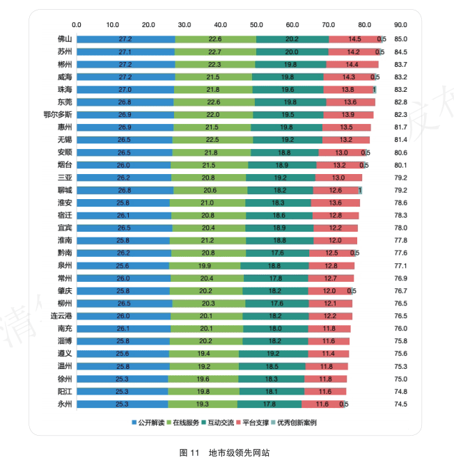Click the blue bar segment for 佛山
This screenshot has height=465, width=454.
pos(125,39)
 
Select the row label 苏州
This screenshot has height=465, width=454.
pos(65,52)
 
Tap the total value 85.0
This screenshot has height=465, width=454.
pos(400,39)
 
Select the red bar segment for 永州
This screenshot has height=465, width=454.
pos(321,404)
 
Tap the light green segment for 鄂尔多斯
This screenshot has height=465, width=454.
pos(212,114)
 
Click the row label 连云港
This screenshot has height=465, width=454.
pos(61,316)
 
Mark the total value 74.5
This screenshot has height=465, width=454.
pos(400,404)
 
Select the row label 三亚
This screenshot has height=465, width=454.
pos(65,178)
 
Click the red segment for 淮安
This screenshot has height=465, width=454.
pos(335,203)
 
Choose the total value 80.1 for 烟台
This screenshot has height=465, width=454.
pos(400,165)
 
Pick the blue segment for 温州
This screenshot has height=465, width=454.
pos(123,366)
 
